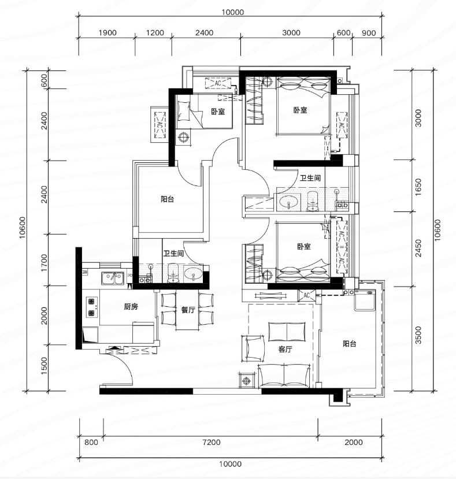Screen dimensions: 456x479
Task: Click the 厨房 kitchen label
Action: point(131,306)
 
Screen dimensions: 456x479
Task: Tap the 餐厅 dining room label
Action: point(188,310)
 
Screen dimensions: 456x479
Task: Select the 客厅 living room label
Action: point(285,349)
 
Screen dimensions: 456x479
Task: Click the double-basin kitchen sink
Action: point(113,278)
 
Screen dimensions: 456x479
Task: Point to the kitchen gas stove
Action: point(92,307)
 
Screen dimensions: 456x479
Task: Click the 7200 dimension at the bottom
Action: point(211,442)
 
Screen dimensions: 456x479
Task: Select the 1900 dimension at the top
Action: point(107,33)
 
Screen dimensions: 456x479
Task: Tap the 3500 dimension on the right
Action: point(418,335)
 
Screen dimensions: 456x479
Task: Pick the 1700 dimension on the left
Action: point(45,263)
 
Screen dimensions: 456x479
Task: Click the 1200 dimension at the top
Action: point(155,33)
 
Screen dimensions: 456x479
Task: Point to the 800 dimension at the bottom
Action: point(91,442)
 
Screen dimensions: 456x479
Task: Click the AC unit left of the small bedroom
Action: point(160,125)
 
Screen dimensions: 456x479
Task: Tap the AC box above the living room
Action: point(306,295)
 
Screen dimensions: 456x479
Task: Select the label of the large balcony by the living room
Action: point(349,344)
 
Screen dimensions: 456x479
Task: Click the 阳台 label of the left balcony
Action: point(167,199)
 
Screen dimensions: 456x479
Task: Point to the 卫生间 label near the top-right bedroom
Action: point(310,178)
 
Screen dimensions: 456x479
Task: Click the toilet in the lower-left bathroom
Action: point(173,273)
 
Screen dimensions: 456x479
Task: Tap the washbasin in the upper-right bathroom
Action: point(289,202)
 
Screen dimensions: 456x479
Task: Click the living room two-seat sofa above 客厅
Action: point(287,332)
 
